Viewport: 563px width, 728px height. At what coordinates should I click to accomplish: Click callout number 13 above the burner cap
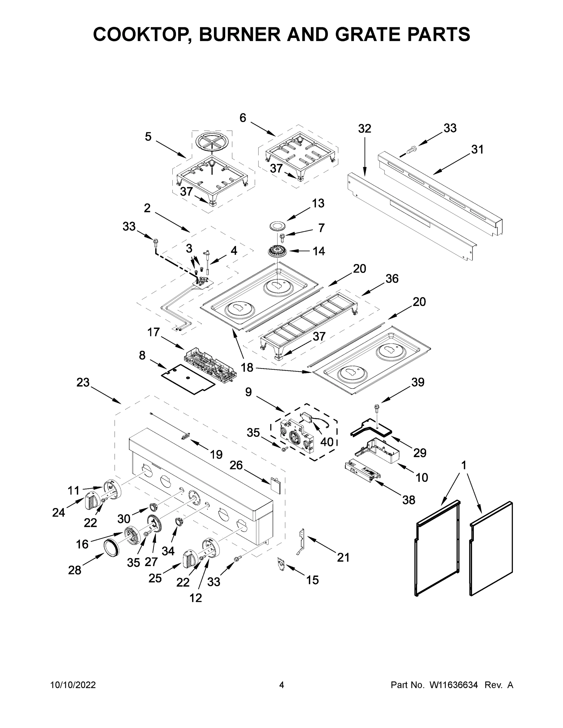point(318,203)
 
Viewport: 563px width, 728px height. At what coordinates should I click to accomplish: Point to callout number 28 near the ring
point(74,570)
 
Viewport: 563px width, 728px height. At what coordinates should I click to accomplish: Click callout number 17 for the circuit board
point(154,332)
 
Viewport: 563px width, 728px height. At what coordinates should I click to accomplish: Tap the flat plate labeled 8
point(188,379)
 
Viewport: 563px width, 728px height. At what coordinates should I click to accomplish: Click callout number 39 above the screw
point(418,382)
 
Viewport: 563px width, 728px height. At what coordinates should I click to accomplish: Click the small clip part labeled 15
point(281,563)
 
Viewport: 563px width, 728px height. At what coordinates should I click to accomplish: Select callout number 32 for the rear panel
point(364,128)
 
